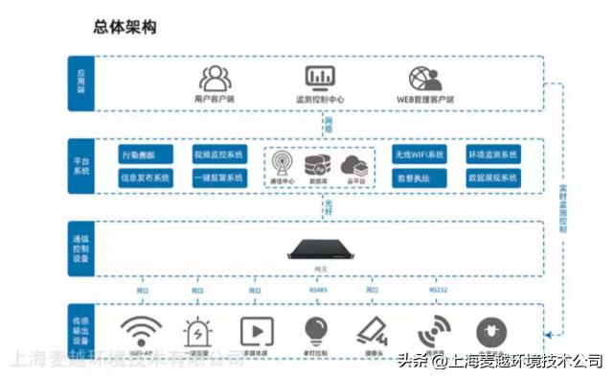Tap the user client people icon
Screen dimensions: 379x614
click(x=216, y=77)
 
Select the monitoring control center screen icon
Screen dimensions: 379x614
click(x=319, y=77)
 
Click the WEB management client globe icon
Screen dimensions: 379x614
click(x=424, y=77)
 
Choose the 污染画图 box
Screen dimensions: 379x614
click(x=145, y=154)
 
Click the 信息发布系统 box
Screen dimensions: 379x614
click(x=145, y=178)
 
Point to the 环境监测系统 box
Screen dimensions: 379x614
click(x=492, y=154)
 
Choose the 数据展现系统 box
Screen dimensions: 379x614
click(x=492, y=178)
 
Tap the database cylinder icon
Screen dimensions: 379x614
click(x=318, y=163)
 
